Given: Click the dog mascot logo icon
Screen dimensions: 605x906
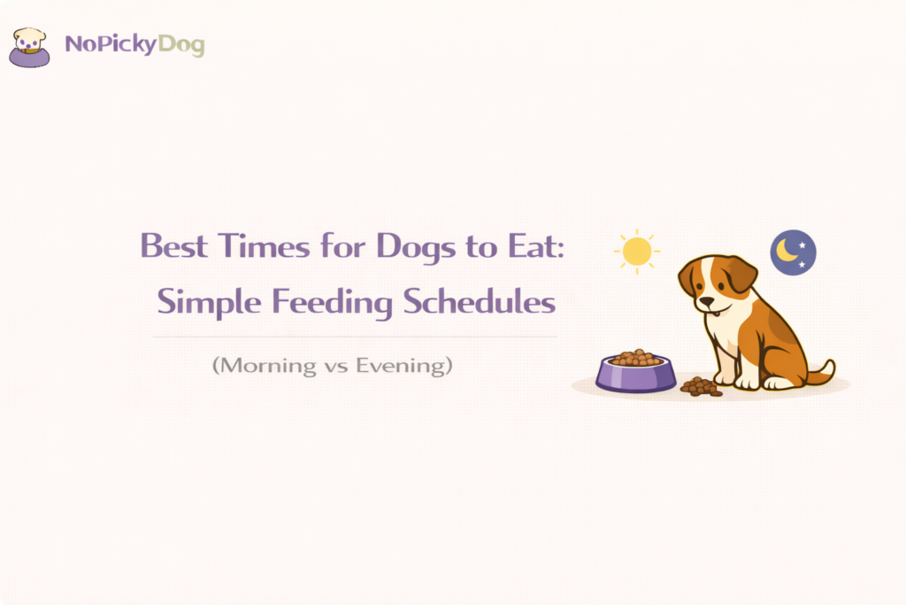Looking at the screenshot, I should point(29,47).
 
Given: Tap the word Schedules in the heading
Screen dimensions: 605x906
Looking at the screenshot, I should point(480,303).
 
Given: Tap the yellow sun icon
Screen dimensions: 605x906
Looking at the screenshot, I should point(636,252).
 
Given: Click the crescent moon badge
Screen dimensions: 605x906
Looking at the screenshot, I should point(793,252).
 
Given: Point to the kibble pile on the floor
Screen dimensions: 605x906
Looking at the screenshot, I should point(701,386).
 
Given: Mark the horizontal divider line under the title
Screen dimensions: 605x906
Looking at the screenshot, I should point(354,337).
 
